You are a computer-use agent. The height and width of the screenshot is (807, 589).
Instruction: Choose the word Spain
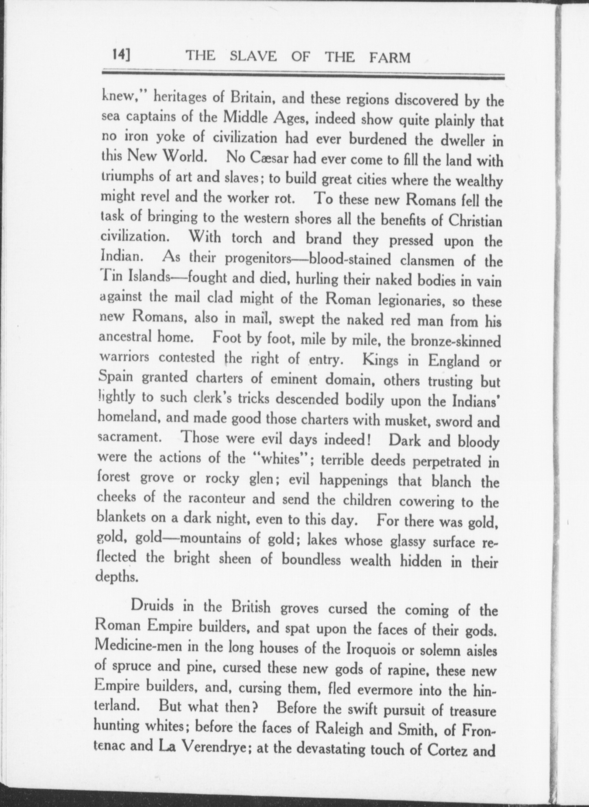pos(116,377)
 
